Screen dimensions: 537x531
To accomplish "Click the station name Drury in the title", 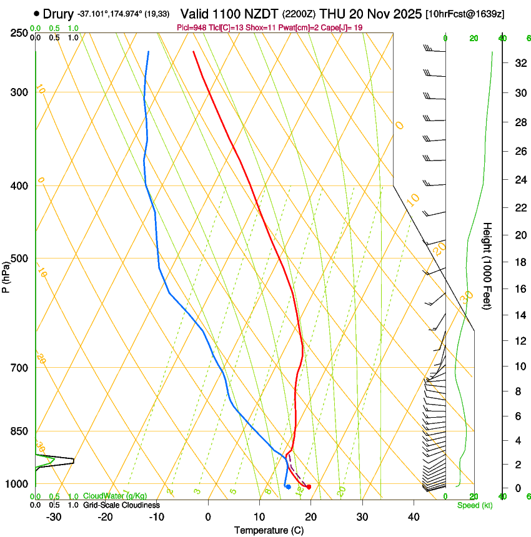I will click(x=58, y=13).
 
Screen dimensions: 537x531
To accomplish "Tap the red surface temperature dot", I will click(x=309, y=486).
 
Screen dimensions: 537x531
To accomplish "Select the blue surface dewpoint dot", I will click(x=288, y=486).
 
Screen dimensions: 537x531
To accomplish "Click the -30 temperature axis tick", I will click(x=54, y=516).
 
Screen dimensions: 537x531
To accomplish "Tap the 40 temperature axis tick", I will click(x=414, y=516).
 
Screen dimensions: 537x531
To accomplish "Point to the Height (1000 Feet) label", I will click(x=488, y=266).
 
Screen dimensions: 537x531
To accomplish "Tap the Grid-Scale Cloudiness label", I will click(x=121, y=505).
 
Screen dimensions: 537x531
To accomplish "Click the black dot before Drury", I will click(x=37, y=13).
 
